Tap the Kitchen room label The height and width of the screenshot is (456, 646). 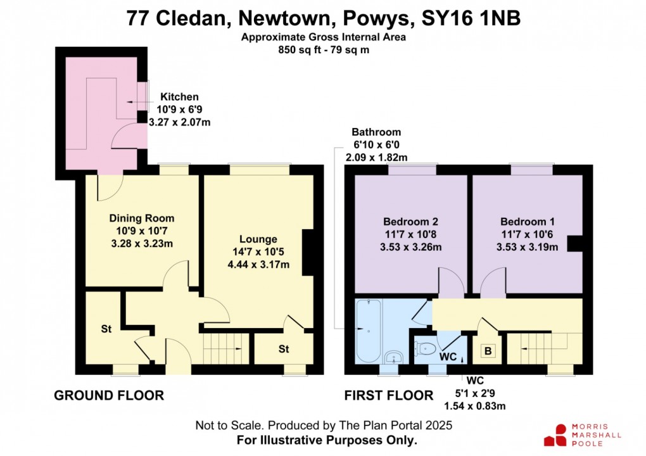(179, 97)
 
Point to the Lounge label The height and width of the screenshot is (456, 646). (258, 239)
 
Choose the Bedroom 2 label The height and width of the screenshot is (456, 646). (410, 222)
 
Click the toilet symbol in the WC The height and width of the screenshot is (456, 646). (424, 347)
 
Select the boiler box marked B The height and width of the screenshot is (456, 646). (488, 350)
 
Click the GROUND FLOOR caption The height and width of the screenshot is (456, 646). (109, 396)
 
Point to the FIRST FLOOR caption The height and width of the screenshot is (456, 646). (389, 396)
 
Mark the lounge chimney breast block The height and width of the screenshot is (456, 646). (308, 253)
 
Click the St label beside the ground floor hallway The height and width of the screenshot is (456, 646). (106, 329)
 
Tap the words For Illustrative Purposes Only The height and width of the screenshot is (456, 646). (326, 440)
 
